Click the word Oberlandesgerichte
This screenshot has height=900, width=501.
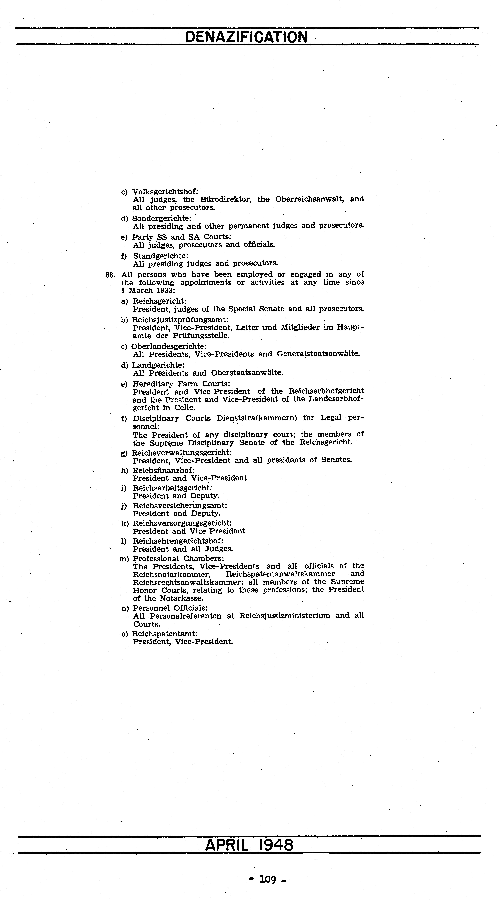coord(169,346)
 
